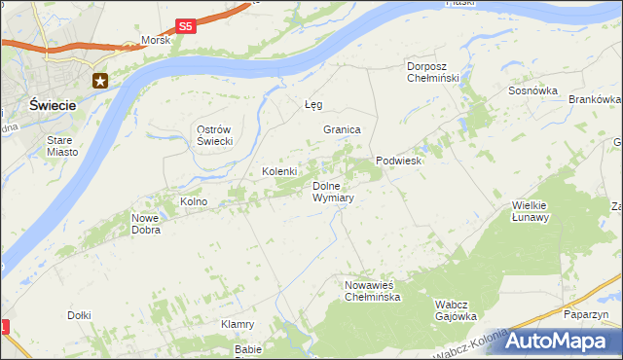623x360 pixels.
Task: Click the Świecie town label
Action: [x=34, y=104]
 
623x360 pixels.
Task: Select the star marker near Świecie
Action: [x=100, y=81]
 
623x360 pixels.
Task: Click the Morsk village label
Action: [x=156, y=41]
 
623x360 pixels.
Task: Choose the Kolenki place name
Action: [x=279, y=171]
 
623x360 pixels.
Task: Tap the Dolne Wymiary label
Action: [x=332, y=192]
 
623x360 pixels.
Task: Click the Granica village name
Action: [x=343, y=129]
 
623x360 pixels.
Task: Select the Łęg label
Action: [x=313, y=104]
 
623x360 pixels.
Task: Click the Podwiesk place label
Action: [x=398, y=162]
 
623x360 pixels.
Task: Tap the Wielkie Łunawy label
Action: [x=531, y=211]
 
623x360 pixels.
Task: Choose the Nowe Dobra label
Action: [x=146, y=225]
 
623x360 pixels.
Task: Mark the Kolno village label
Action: [x=194, y=201]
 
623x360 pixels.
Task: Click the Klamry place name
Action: [x=238, y=324]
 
